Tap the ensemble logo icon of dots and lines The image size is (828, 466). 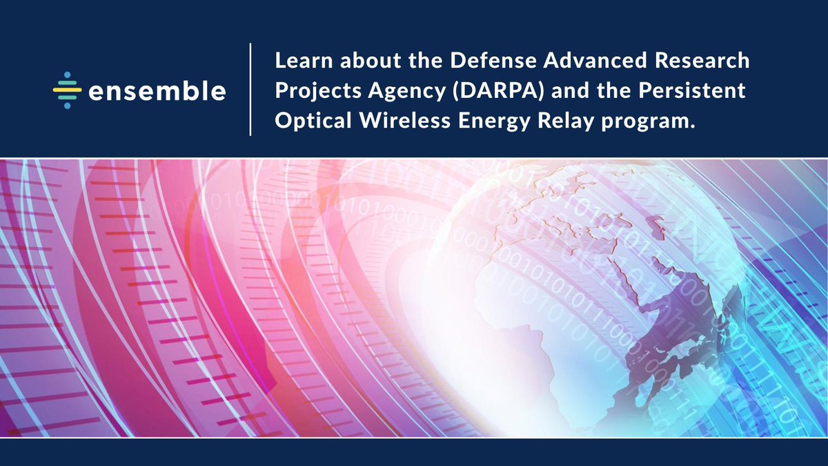click(67, 90)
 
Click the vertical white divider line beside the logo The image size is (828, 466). click(250, 90)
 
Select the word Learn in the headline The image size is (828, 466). click(300, 61)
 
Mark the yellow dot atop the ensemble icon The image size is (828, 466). click(66, 75)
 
